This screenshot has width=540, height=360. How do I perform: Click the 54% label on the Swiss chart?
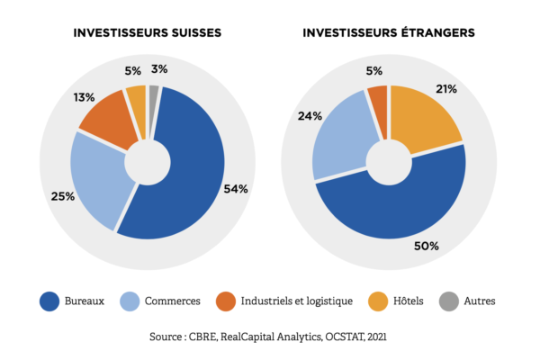click(236, 189)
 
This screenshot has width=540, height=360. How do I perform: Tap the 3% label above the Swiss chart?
click(158, 68)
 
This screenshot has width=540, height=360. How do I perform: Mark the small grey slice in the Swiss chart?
click(154, 92)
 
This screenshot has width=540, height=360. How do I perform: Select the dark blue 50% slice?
click(396, 202)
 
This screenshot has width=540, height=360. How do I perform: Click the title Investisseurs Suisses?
click(148, 33)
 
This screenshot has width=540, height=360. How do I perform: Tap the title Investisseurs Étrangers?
click(389, 33)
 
